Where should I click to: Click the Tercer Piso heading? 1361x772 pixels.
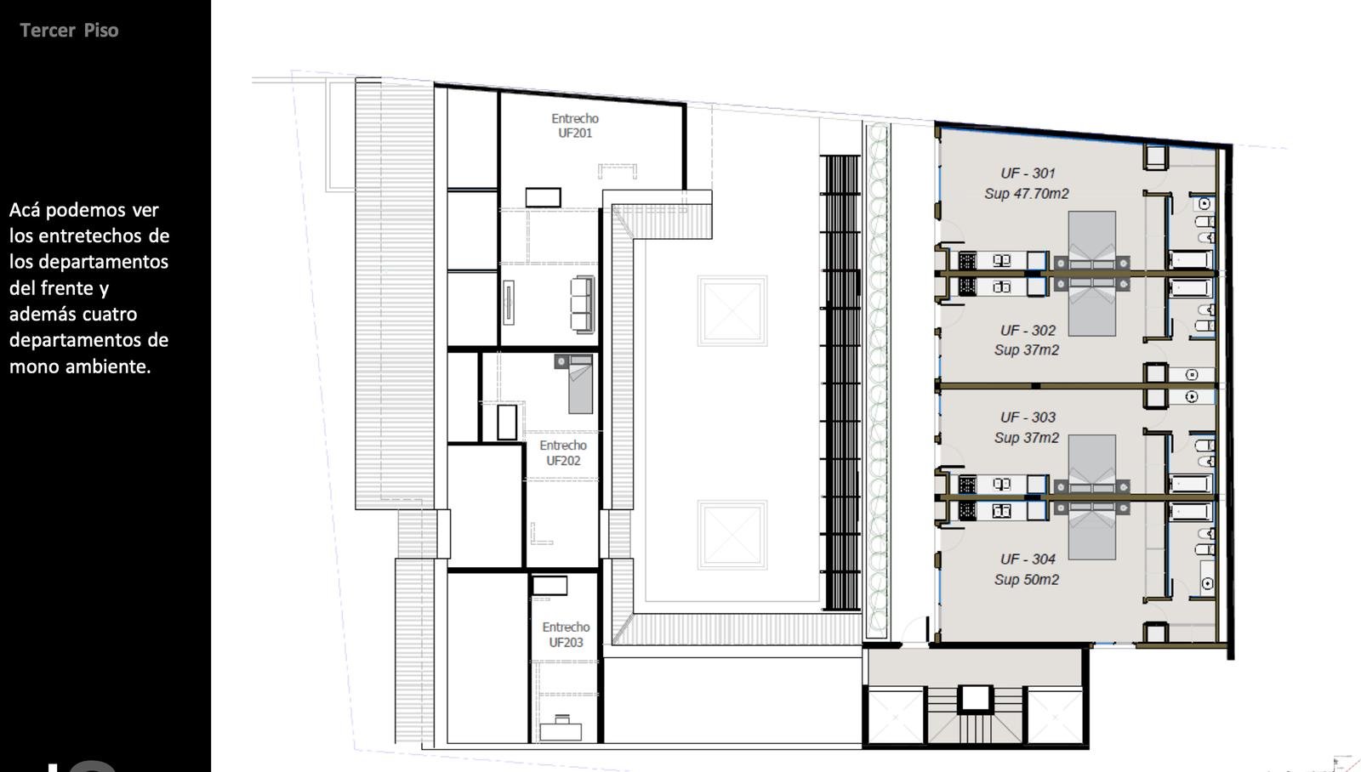pyautogui.click(x=69, y=31)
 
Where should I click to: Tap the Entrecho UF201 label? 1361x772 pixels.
pyautogui.click(x=575, y=126)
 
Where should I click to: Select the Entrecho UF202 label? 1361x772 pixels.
pyautogui.click(x=563, y=453)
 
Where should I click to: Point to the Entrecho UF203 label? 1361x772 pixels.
pyautogui.click(x=566, y=635)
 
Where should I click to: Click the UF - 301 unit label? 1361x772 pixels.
pyautogui.click(x=1028, y=173)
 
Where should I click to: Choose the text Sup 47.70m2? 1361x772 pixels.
pyautogui.click(x=1026, y=194)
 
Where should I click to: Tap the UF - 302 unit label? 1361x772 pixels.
pyautogui.click(x=1028, y=331)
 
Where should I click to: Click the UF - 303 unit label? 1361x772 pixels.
pyautogui.click(x=1028, y=417)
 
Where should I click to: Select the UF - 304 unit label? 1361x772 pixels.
pyautogui.click(x=1028, y=559)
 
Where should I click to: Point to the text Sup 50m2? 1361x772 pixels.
pyautogui.click(x=1026, y=580)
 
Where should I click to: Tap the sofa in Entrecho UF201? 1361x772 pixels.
pyautogui.click(x=582, y=304)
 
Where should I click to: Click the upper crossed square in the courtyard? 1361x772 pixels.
pyautogui.click(x=732, y=311)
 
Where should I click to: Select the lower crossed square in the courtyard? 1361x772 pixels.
pyautogui.click(x=732, y=535)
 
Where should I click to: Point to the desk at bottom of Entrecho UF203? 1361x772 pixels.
pyautogui.click(x=561, y=730)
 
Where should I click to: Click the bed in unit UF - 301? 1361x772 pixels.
pyautogui.click(x=1092, y=241)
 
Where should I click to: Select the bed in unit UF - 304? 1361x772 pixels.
pyautogui.click(x=1092, y=530)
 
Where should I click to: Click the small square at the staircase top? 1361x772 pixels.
pyautogui.click(x=975, y=699)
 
